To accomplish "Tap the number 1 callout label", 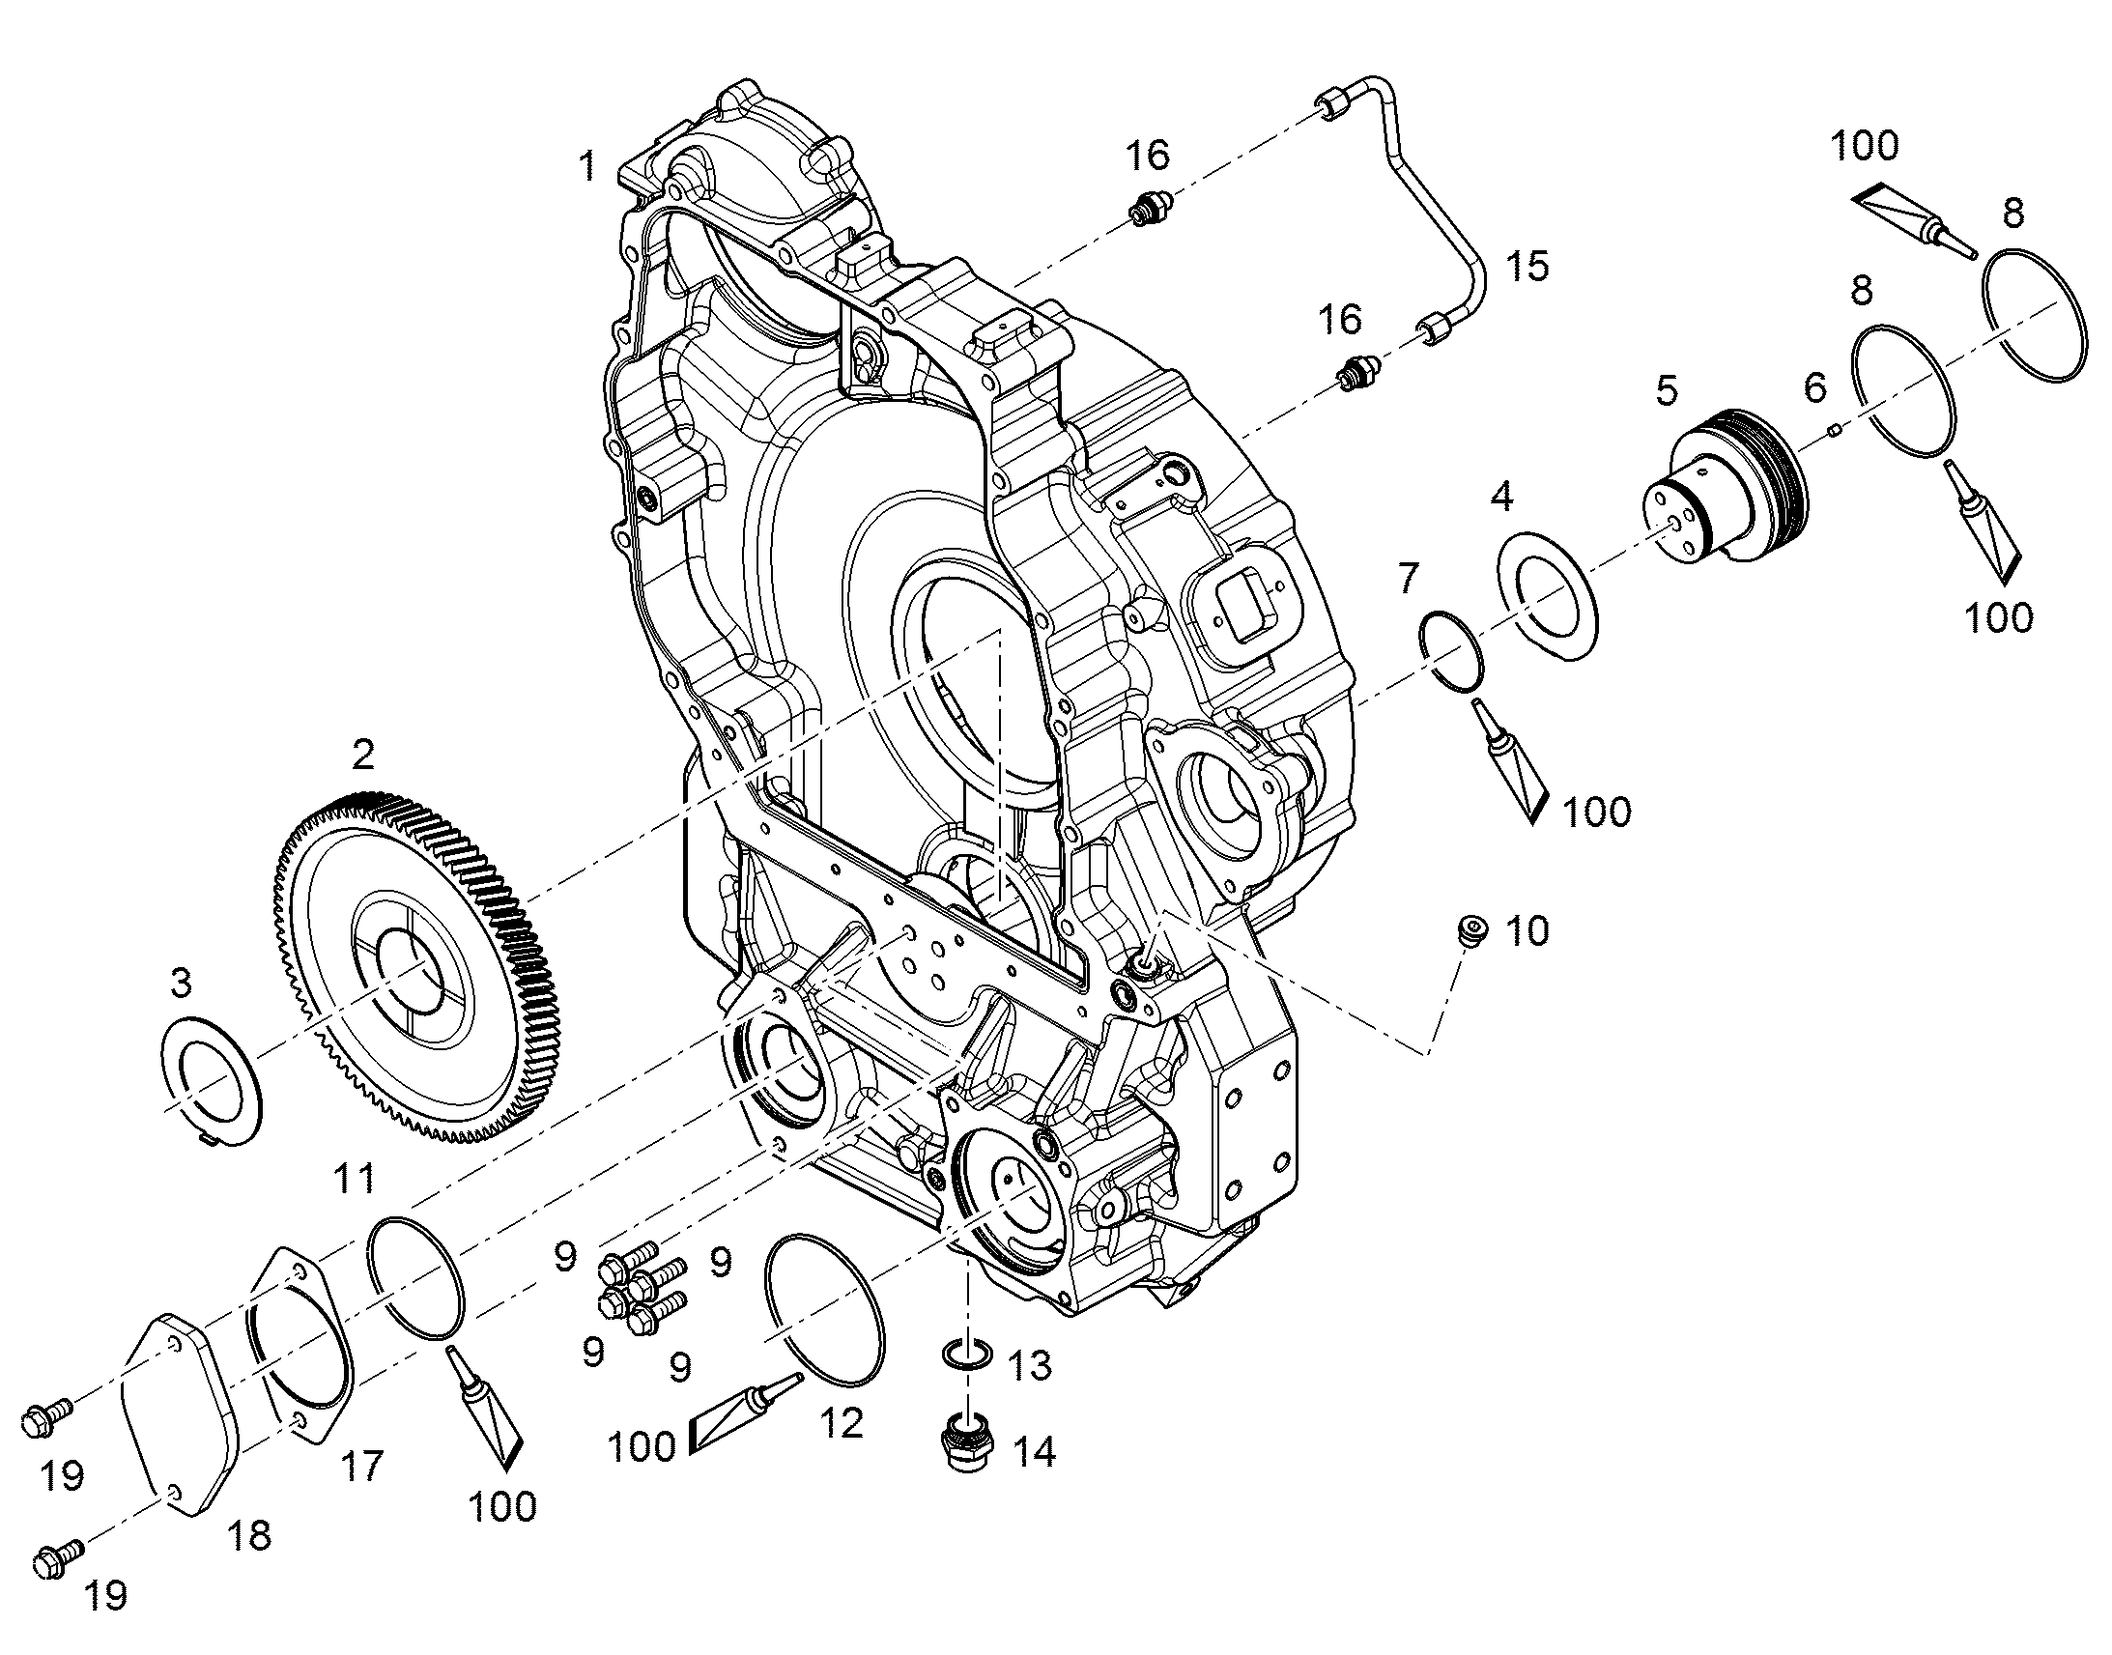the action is pyautogui.click(x=587, y=167).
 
